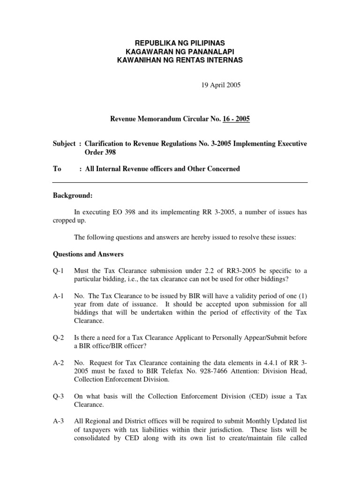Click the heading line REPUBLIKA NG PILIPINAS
pos(180,43)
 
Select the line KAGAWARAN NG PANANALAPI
pos(180,52)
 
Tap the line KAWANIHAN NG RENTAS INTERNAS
pos(180,60)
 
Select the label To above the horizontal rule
pos(57,169)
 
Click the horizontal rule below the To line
pos(180,182)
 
